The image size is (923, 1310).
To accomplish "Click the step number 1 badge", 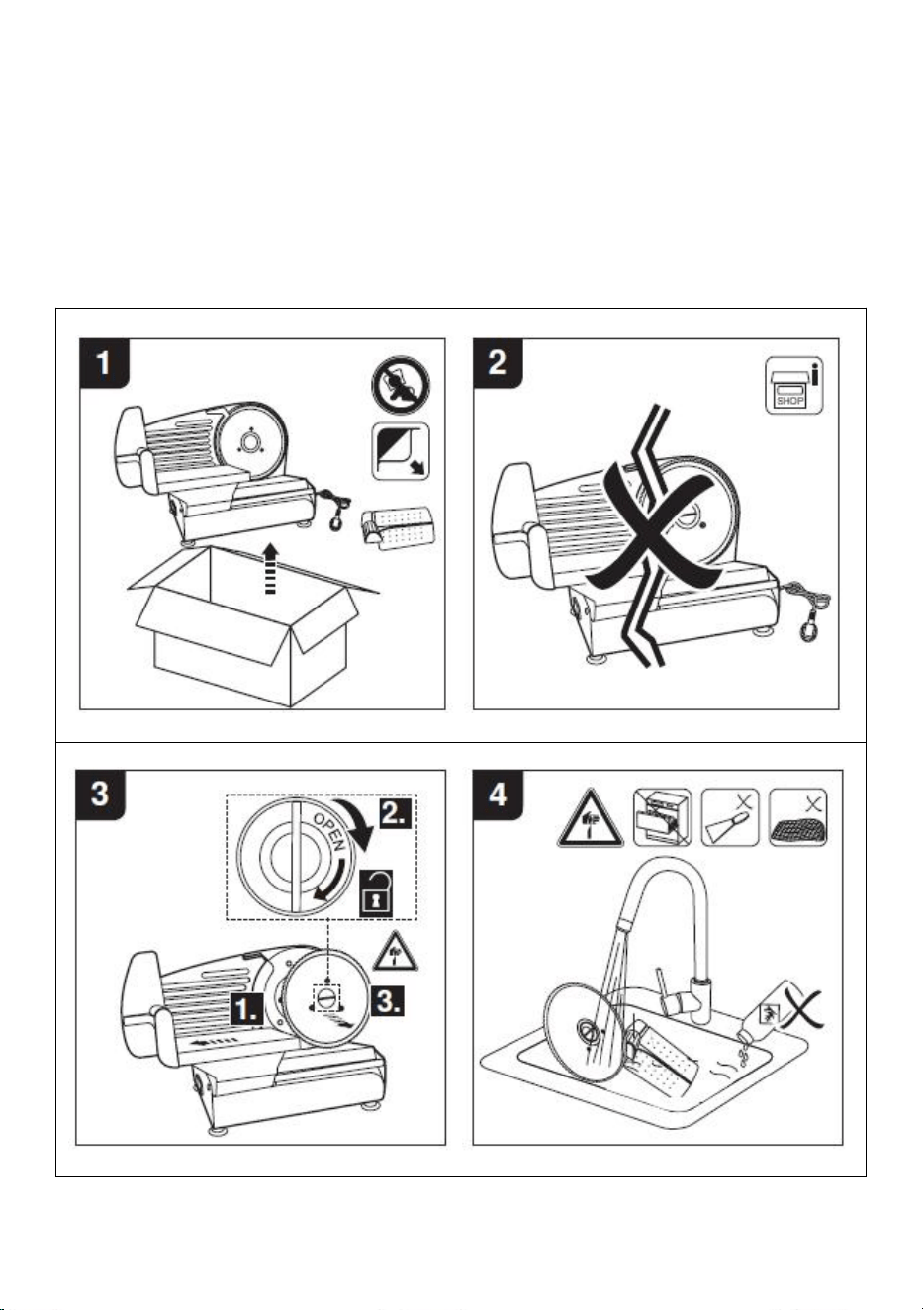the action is click(104, 363).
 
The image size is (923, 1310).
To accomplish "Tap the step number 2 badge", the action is click(498, 363).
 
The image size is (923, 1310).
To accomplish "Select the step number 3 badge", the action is click(101, 795).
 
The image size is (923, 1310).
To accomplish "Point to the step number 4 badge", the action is click(498, 795).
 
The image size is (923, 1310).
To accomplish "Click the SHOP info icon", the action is click(794, 386).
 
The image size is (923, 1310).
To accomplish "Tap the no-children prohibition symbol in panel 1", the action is click(401, 386).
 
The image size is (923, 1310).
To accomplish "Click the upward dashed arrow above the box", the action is click(270, 568).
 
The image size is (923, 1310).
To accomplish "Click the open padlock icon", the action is click(376, 890).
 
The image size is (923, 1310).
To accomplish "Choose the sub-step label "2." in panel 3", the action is click(396, 813).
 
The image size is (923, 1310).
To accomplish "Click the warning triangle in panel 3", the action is click(397, 953).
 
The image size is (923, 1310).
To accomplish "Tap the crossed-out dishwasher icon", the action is click(663, 817).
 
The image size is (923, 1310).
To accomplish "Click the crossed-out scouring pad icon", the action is click(798, 817).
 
